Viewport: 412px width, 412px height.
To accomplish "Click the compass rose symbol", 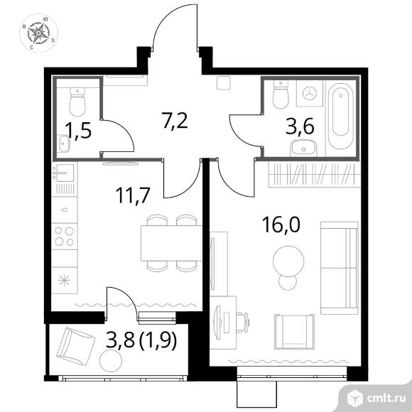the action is pos(38,33).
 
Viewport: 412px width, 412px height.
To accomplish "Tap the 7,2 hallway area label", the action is pos(175,121).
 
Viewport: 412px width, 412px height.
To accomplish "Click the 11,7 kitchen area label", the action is pos(133,195).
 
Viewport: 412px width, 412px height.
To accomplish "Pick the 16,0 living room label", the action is pos(281,225).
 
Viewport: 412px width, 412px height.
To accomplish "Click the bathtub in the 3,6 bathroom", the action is pos(340,116).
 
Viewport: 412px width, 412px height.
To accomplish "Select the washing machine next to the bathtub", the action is pos(310,93).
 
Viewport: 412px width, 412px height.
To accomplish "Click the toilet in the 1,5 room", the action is pos(77,102).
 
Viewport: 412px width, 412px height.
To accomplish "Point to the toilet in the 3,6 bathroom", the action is pos(281,94).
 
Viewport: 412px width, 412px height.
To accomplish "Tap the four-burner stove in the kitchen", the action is pos(65,237).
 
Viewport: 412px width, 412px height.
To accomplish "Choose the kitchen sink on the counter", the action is pos(65,173).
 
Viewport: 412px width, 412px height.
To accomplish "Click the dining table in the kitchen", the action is pos(171,243).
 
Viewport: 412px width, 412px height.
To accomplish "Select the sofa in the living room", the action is pos(340,268).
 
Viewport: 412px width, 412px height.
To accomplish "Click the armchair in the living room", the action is pos(294,332).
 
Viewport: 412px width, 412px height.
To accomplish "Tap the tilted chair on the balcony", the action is pos(76,346).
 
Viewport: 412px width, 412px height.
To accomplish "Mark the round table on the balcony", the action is pos(111,361).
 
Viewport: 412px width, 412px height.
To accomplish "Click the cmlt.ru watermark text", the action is pos(386,399).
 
